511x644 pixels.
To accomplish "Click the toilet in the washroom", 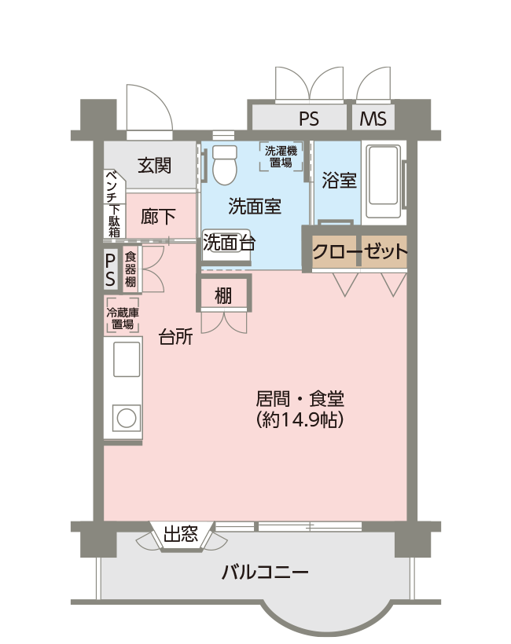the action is click(225, 165).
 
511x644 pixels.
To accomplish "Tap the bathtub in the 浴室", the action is click(383, 181).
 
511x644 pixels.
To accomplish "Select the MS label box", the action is click(373, 119).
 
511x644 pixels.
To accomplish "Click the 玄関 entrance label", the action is click(154, 166).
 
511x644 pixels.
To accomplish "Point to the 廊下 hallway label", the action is click(158, 217).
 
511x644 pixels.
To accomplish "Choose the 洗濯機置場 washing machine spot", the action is click(281, 156).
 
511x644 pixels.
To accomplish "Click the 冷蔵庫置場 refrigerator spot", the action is click(123, 318).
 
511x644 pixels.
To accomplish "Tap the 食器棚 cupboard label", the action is click(131, 269).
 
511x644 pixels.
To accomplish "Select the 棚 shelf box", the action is click(223, 293).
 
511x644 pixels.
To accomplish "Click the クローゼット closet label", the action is click(360, 251).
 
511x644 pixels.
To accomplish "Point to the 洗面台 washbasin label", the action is click(229, 243).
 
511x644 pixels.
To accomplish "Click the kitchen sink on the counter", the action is click(127, 360).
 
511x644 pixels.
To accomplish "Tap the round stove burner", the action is click(127, 419).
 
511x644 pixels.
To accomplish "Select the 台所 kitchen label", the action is click(176, 337).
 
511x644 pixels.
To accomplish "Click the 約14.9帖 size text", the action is click(300, 419).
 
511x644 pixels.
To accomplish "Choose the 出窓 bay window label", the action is click(181, 533).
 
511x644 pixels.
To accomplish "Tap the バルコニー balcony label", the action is click(265, 572).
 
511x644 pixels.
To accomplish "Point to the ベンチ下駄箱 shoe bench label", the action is click(113, 203).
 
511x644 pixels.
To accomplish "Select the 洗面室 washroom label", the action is click(255, 206).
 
